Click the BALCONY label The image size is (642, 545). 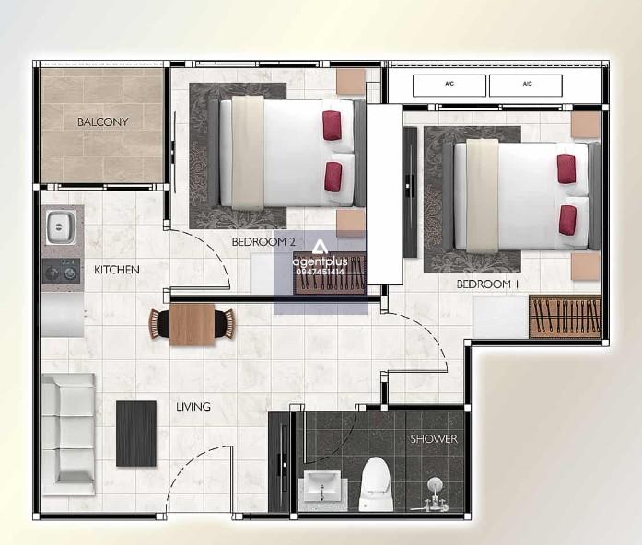103,122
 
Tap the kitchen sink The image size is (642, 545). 61,226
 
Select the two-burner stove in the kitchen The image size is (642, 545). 62,271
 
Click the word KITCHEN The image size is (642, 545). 117,270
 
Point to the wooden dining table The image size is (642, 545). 192,324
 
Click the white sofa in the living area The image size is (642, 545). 68,434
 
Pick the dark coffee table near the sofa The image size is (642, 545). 136,434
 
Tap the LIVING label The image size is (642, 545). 193,407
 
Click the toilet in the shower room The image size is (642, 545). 377,483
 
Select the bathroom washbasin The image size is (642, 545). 322,486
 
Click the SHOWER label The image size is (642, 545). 434,439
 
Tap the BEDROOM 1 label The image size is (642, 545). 487,284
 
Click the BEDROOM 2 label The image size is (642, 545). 263,242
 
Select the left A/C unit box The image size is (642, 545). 449,86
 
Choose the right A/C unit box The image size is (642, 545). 526,86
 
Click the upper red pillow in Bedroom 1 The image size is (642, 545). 566,168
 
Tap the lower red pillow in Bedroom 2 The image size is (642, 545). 333,177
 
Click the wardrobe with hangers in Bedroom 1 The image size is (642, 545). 566,317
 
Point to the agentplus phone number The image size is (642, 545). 321,272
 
